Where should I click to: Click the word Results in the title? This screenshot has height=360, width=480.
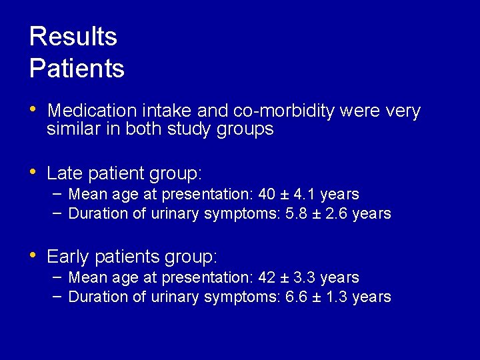click(x=73, y=37)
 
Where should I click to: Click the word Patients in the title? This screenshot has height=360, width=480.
click(x=77, y=68)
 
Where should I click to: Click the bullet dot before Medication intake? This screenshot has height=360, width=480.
click(x=33, y=109)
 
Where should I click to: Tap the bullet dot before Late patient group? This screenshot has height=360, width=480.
click(x=33, y=172)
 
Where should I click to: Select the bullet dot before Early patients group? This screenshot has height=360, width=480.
click(x=33, y=255)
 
